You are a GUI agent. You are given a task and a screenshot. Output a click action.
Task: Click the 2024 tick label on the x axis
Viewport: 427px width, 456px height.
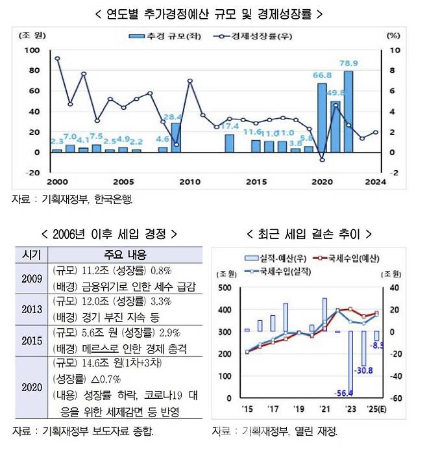tap(375, 181)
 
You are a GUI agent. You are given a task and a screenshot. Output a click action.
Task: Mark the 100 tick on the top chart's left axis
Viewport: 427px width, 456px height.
tap(32, 50)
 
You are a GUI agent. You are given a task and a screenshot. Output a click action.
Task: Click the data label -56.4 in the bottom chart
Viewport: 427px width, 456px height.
tap(343, 394)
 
